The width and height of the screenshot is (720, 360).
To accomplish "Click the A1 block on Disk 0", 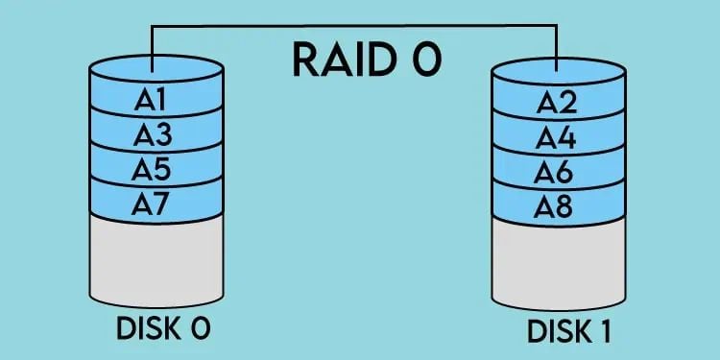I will tap(155, 100).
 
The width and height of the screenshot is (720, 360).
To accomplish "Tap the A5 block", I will tap(155, 169).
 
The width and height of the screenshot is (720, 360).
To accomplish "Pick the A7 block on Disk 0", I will tap(155, 204).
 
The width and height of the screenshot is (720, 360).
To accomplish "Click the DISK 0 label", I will tap(161, 328).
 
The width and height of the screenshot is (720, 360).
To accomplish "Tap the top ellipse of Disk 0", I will tap(155, 70).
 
